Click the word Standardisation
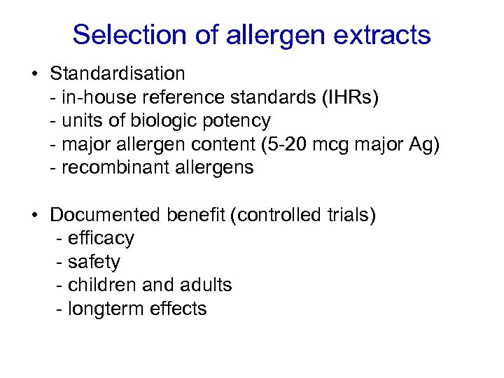pos(118,73)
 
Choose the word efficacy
pos(101,239)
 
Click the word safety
pos(94,262)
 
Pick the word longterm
pos(106,309)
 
